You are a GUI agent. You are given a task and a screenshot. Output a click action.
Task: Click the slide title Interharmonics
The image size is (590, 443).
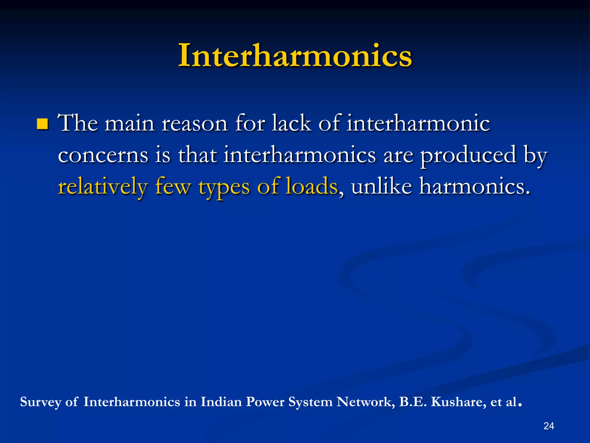[x=295, y=55]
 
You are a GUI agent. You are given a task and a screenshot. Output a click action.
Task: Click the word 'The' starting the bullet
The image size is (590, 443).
[x=78, y=123]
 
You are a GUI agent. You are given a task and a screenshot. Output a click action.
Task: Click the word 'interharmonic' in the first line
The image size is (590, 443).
[x=418, y=123]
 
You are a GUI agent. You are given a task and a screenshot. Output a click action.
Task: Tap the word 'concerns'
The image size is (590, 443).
[x=103, y=155]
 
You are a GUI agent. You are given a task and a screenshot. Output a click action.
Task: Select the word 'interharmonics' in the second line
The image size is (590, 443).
[x=300, y=155]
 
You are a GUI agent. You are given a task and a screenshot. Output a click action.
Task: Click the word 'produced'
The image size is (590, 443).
[x=468, y=155]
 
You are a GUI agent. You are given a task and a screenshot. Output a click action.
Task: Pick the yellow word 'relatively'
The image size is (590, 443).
[x=103, y=187]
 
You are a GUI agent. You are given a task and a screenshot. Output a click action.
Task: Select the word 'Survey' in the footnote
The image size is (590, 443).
[x=41, y=402]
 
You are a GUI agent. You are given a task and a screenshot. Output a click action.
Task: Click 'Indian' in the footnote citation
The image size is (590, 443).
[x=221, y=402]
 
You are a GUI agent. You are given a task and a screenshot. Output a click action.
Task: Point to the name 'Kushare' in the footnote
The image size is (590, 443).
[x=456, y=402]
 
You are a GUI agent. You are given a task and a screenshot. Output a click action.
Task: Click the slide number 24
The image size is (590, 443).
[x=549, y=426]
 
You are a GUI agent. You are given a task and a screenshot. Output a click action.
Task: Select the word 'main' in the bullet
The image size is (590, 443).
[x=129, y=124]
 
